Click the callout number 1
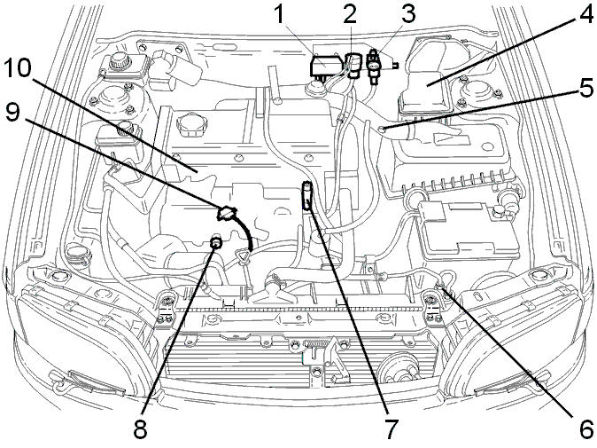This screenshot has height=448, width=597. [280, 15]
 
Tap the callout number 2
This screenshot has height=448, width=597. [350, 15]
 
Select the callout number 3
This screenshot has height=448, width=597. [407, 13]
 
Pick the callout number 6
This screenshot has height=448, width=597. [584, 429]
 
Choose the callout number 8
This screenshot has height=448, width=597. [140, 429]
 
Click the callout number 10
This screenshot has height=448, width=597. [19, 69]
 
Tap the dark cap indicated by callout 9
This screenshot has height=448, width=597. [226, 213]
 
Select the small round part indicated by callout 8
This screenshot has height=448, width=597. [216, 242]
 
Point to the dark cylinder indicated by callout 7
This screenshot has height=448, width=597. [306, 195]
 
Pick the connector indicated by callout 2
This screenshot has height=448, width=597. [352, 66]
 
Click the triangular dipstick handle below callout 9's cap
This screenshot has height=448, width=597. [242, 255]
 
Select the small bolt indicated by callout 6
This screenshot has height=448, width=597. [439, 286]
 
